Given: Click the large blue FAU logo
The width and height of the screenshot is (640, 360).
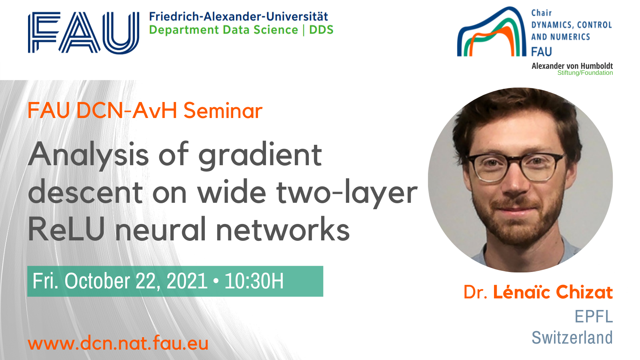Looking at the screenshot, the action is (84, 32).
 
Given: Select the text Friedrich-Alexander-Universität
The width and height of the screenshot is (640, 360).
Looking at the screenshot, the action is (238, 16).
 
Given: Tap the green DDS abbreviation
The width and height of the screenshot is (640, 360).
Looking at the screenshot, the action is (322, 30).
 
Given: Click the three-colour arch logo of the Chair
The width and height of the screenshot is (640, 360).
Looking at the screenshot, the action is (492, 32).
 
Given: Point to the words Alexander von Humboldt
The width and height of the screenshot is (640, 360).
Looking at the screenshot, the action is (572, 66).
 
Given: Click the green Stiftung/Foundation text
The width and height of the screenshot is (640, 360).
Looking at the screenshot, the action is (585, 73).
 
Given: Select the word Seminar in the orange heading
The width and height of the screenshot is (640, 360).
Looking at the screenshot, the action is (223, 110).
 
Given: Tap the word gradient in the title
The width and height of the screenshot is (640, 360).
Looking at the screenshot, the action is (260, 156).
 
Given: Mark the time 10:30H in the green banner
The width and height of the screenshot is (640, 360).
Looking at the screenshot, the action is (254, 281).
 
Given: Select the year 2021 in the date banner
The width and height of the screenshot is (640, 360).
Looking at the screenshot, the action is (187, 281).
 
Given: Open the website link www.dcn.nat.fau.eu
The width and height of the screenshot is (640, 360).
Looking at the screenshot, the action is (118, 343).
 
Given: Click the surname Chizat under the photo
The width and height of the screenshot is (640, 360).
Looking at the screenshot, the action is (584, 292).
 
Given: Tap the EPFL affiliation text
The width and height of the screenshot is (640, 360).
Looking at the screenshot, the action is (594, 316).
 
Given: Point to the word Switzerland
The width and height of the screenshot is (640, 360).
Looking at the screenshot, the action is (572, 338).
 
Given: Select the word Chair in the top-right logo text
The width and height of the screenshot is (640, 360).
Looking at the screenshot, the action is (542, 13).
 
